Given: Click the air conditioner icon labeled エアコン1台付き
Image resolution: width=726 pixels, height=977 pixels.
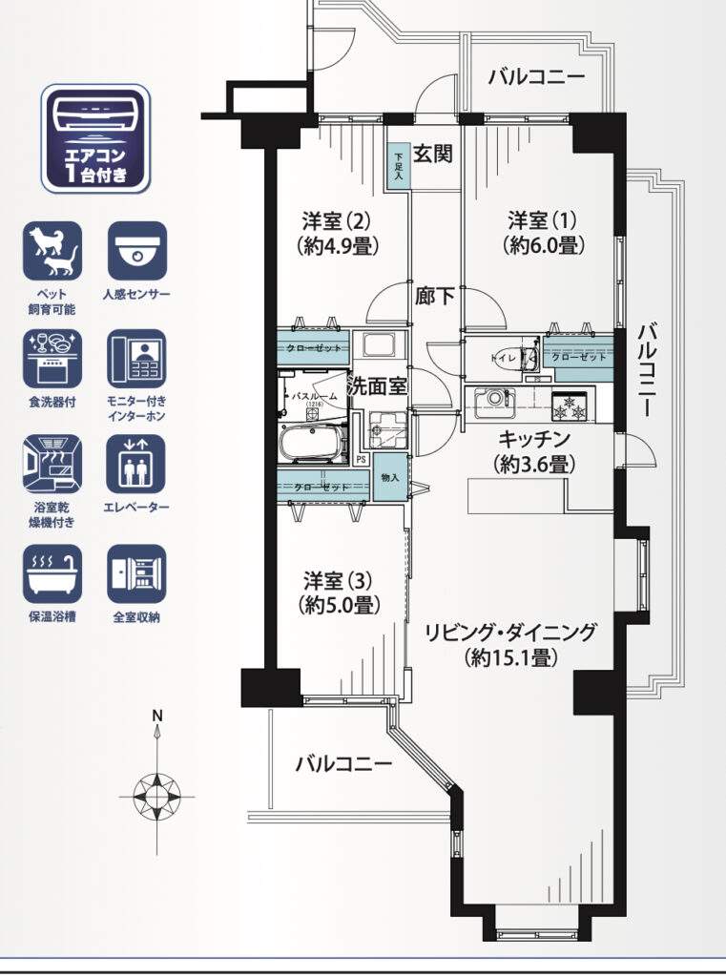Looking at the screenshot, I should click(x=95, y=137).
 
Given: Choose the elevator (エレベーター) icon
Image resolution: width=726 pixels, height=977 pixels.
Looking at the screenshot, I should click(x=136, y=465).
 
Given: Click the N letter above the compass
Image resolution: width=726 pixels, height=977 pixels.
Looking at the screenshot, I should click(x=158, y=716).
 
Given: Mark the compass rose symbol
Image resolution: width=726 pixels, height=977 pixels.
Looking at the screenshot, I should click(x=157, y=791).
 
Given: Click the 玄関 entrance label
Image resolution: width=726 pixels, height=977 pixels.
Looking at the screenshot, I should click(x=432, y=155).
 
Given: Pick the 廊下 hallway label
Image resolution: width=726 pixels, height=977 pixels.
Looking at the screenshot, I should click(x=434, y=296).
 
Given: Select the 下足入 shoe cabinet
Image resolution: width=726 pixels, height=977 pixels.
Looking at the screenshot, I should click(x=399, y=165).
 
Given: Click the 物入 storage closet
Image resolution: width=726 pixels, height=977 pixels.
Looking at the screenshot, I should click(x=388, y=477).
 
